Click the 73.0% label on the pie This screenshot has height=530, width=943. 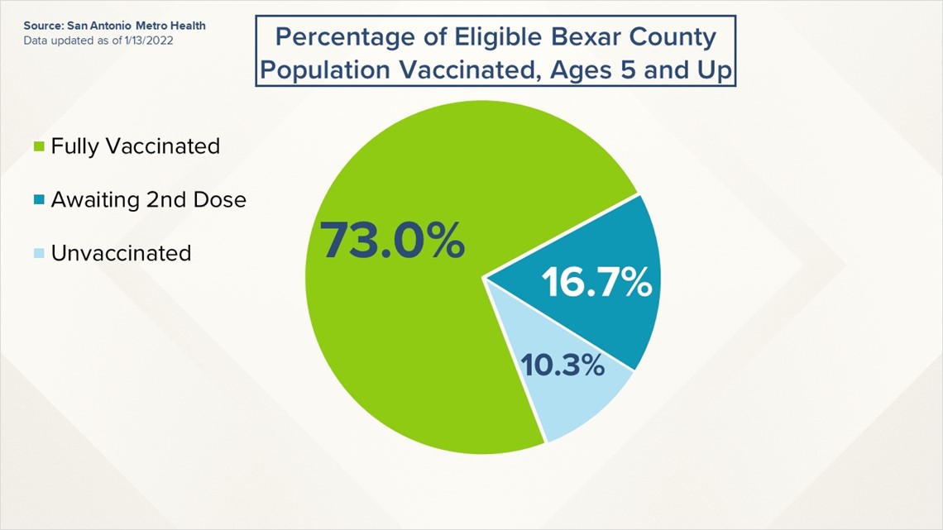[x=392, y=241]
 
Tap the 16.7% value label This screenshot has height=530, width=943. [x=596, y=282]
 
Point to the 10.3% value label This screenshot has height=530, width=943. [x=562, y=365]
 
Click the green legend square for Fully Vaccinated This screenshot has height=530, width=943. [x=39, y=146]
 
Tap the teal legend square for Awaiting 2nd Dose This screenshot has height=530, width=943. [x=39, y=199]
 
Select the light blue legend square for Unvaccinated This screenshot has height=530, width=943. [x=39, y=253]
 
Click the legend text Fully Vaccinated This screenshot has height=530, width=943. [x=136, y=146]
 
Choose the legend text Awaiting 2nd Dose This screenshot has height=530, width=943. [x=149, y=199]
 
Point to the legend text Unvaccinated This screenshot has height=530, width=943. [x=121, y=253]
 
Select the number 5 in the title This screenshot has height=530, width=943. [x=628, y=70]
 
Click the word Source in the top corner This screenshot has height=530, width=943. [x=43, y=26]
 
